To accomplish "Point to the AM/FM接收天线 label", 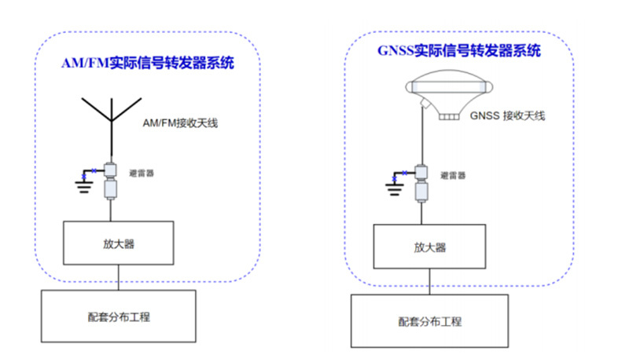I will (181, 123).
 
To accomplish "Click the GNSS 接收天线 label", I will (507, 115).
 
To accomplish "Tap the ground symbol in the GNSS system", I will (392, 185).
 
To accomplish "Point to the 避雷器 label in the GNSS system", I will (453, 175).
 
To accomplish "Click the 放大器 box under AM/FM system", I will (119, 243).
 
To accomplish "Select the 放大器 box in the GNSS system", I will (430, 247).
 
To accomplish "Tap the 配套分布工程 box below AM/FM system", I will (119, 316).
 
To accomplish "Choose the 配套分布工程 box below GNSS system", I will (429, 321).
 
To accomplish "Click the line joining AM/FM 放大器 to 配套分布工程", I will (119, 277).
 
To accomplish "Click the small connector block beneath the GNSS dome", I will (450, 115).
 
